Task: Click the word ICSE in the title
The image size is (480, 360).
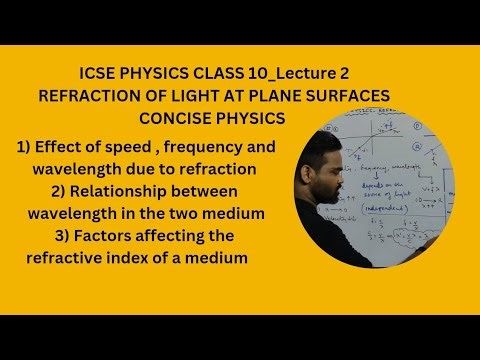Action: [x=97, y=73]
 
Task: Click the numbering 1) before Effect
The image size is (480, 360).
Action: [x=26, y=147]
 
